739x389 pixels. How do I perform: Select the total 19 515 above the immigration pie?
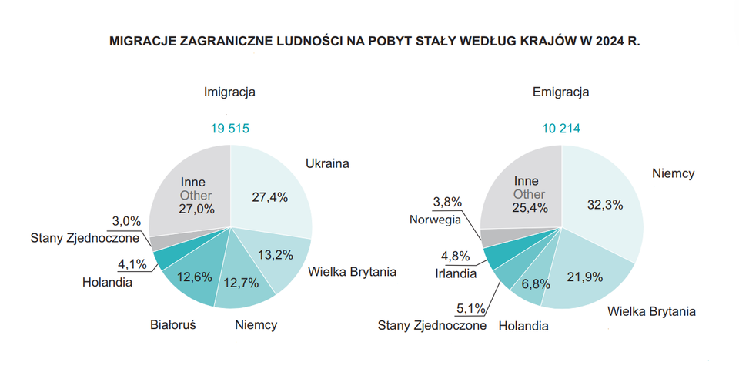[229, 128]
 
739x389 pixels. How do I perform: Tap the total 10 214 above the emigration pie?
[560, 128]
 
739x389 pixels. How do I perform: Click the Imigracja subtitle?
[229, 92]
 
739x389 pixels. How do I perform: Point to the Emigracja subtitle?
[560, 92]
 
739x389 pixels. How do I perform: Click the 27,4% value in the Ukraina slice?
[269, 196]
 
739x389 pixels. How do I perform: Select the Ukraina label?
[327, 163]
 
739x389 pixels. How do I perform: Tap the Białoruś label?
[172, 324]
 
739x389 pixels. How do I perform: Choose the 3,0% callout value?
[125, 220]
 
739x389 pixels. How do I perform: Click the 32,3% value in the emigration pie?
[604, 204]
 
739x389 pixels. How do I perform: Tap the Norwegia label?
[435, 219]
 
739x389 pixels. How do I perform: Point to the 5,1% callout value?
[470, 308]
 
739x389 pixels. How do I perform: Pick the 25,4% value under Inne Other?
[529, 208]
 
